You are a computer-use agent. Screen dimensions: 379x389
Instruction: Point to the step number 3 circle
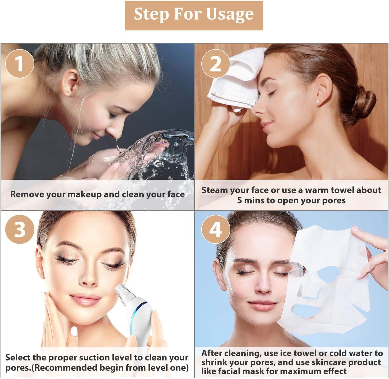coord(20,229)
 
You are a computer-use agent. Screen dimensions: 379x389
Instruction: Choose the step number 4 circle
coord(215,229)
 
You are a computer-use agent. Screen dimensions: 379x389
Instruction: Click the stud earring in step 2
coord(318,102)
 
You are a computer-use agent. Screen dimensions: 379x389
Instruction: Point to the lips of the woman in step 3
coord(85,299)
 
